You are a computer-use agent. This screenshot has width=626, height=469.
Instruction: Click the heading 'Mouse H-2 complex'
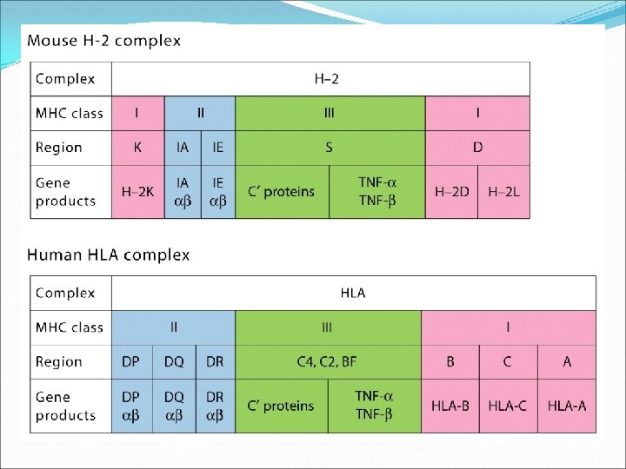tap(104, 41)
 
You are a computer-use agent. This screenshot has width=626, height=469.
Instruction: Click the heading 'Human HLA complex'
tap(109, 255)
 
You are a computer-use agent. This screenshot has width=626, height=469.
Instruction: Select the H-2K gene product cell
tap(138, 191)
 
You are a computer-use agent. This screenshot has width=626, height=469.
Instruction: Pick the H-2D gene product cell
tap(451, 191)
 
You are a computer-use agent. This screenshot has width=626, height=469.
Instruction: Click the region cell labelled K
tap(138, 148)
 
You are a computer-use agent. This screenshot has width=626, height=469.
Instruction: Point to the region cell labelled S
tap(330, 148)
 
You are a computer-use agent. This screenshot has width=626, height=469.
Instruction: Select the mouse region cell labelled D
tap(477, 148)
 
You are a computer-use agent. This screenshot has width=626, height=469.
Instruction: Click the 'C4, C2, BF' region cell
tap(329, 362)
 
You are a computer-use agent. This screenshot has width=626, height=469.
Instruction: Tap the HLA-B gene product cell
tap(450, 406)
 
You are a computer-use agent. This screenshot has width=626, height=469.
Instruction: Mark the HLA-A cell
tap(567, 406)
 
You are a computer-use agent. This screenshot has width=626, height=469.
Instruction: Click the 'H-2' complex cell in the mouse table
tap(321, 79)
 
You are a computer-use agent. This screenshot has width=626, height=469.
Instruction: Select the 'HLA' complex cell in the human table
tap(354, 293)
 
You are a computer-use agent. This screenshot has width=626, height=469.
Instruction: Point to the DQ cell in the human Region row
tap(174, 362)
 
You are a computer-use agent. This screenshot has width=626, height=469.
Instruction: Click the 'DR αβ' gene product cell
tap(215, 406)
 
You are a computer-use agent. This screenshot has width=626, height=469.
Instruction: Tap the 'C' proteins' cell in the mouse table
tap(283, 191)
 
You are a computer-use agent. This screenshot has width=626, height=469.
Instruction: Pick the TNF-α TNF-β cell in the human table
tap(374, 406)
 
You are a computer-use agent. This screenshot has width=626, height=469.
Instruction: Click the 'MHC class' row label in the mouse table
tap(70, 113)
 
